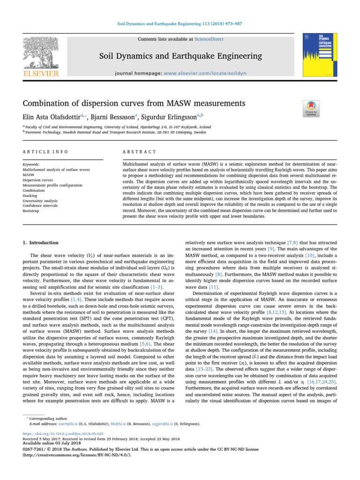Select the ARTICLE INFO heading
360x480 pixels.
(x=45, y=152)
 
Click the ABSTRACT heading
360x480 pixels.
(x=139, y=152)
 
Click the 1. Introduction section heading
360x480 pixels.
(x=41, y=243)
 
